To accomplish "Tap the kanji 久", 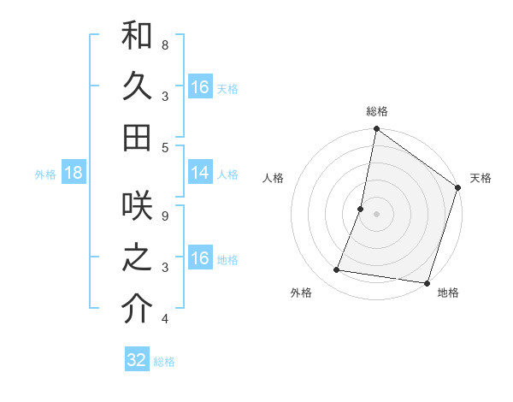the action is coord(138,87).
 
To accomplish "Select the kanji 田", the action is coord(138,137).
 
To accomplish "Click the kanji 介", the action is coord(138,310).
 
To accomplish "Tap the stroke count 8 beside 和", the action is coord(165,44).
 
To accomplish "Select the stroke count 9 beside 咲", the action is coord(165,216).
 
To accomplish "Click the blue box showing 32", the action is coord(137,360).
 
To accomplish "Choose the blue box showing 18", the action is coord(74,174).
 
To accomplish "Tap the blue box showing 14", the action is coord(200,174).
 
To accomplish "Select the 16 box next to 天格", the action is coord(200,87).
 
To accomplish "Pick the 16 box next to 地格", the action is coord(200,259).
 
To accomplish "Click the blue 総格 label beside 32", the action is coord(164,362).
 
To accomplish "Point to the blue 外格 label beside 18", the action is coord(45,174).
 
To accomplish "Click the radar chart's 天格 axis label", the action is coord(481,178).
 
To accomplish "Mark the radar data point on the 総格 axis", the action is coord(376,130).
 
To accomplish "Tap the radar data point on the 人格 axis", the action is coord(361,209).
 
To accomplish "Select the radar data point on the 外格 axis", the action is coord(337,270).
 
